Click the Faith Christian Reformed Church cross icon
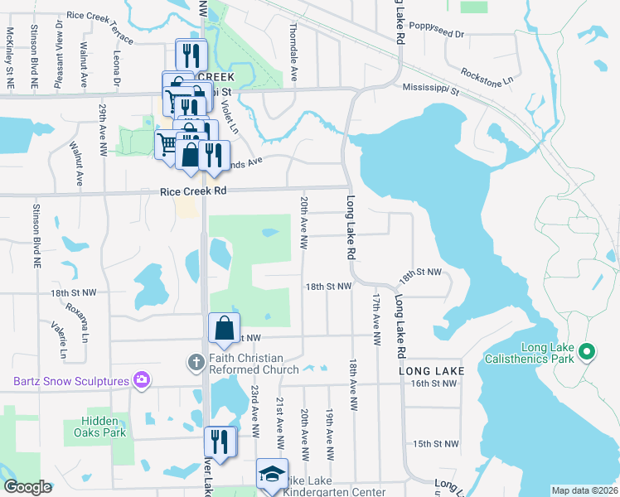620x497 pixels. [x=196, y=361]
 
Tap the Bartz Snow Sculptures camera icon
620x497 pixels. [x=143, y=381]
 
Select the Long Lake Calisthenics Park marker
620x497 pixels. [x=587, y=353]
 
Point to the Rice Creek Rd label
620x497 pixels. [x=193, y=191]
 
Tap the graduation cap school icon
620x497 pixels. [x=271, y=475]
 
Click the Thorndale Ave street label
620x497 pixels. [x=293, y=57]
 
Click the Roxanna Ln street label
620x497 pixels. [x=84, y=321]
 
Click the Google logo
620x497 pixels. [x=27, y=487]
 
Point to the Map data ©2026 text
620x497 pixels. [x=584, y=490]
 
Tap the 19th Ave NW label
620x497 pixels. [x=329, y=434]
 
